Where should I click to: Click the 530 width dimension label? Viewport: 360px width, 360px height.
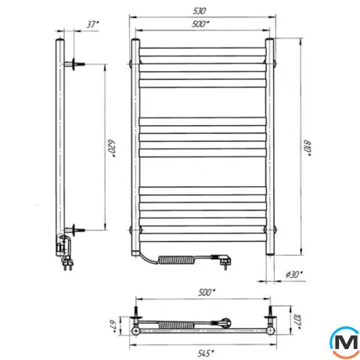(x=200, y=11)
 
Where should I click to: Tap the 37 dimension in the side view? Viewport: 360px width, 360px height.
(x=92, y=24)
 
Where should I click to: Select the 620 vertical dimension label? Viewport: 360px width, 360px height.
(x=112, y=149)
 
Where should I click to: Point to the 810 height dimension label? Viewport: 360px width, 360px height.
(x=307, y=149)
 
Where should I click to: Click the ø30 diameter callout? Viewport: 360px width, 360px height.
(x=294, y=275)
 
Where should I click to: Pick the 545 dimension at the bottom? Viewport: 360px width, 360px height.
(x=206, y=353)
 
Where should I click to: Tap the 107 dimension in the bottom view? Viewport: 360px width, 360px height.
(x=297, y=322)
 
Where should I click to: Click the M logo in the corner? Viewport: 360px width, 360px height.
(x=345, y=342)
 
